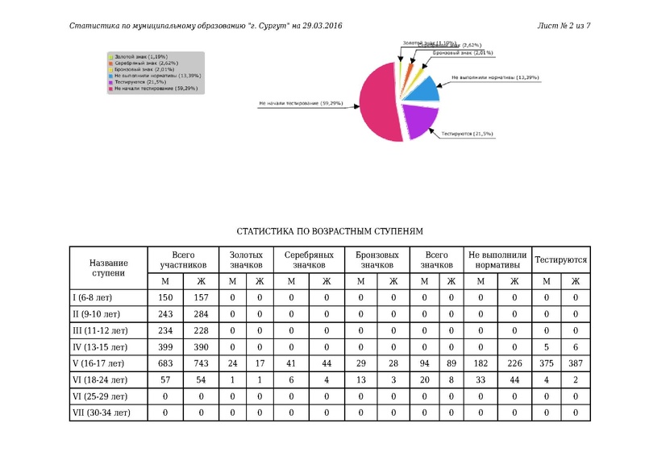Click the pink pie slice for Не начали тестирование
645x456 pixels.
click(375, 105)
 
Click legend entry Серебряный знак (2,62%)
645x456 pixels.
click(146, 63)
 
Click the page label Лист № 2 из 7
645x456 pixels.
click(564, 26)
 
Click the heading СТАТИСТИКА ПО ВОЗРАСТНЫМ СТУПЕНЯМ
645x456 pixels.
click(328, 231)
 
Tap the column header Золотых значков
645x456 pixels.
click(246, 259)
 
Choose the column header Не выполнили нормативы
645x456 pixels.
click(497, 259)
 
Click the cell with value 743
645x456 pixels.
click(201, 364)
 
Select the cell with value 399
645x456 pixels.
click(164, 346)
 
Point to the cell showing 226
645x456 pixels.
click(514, 364)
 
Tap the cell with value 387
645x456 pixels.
click(576, 364)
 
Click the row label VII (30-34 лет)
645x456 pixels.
click(100, 413)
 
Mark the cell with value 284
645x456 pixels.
click(201, 313)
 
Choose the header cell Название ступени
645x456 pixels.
click(108, 267)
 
